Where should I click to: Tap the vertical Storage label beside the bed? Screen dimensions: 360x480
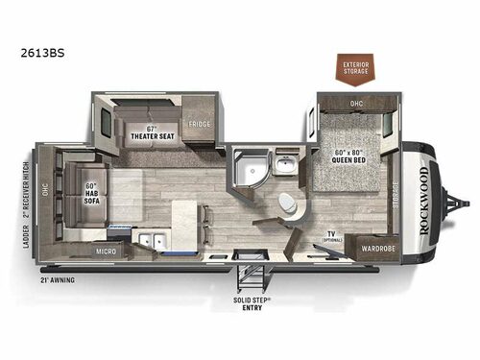396,196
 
